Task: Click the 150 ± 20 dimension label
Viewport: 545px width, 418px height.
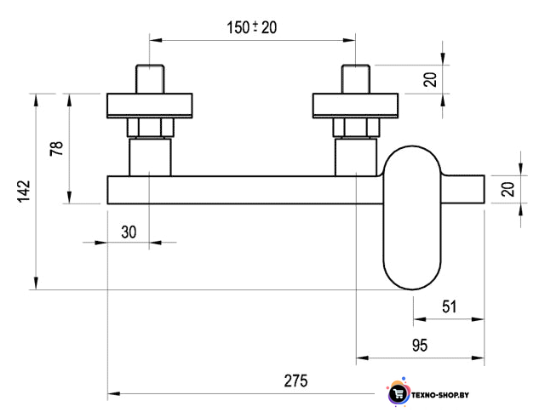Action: [x=252, y=27]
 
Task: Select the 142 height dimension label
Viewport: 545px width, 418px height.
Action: [x=24, y=191]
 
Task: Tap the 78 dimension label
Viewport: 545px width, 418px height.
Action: [x=57, y=148]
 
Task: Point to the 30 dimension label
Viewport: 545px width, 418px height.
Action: [x=129, y=232]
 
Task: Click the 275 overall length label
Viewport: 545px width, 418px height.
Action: [x=295, y=381]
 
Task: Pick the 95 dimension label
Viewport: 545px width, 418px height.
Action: [x=420, y=346]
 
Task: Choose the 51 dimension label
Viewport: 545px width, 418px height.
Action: [x=449, y=306]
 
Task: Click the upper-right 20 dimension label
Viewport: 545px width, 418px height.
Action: [x=430, y=79]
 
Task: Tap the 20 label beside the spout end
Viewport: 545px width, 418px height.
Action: [x=508, y=189]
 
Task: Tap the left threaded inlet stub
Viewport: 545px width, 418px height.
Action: [x=150, y=79]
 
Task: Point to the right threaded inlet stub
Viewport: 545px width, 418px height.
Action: [x=356, y=79]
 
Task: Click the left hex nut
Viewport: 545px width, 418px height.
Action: [x=150, y=128]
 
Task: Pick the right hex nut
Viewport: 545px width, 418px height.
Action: [x=356, y=128]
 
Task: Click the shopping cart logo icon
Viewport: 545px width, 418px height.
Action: [x=399, y=393]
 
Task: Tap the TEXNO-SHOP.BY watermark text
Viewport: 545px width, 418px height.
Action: [x=440, y=395]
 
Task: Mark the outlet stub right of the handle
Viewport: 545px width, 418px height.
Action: [x=463, y=189]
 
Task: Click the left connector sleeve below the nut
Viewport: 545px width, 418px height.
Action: [x=150, y=157]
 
